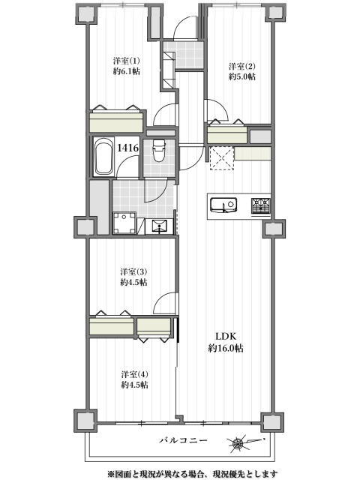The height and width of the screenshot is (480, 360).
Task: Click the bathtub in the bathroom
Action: pyautogui.click(x=103, y=157)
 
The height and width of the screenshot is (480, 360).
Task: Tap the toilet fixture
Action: pyautogui.click(x=159, y=150)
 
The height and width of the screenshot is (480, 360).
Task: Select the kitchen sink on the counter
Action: pyautogui.click(x=223, y=205)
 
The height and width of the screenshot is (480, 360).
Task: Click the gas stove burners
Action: pyautogui.click(x=261, y=205)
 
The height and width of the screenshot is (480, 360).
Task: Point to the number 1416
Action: pyautogui.click(x=128, y=148)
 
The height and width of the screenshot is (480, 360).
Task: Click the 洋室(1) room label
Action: pyautogui.click(x=126, y=60)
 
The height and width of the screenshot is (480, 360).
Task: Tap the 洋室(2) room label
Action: pyautogui.click(x=241, y=66)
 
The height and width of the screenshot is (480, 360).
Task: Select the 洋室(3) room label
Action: pyautogui.click(x=133, y=271)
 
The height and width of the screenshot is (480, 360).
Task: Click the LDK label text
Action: pyautogui.click(x=226, y=337)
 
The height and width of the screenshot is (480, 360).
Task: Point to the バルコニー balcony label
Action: pyautogui.click(x=183, y=440)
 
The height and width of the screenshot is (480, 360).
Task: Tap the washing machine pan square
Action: pyautogui.click(x=124, y=223)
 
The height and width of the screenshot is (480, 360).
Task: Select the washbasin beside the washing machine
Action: pyautogui.click(x=159, y=226)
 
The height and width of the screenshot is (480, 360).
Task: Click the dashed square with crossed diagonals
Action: pyautogui.click(x=222, y=158)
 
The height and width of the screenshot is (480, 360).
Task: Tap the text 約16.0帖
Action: pyautogui.click(x=226, y=348)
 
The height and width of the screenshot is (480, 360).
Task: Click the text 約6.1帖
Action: pyautogui.click(x=127, y=71)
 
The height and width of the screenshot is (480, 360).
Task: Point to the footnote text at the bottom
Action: pyautogui.click(x=192, y=474)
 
